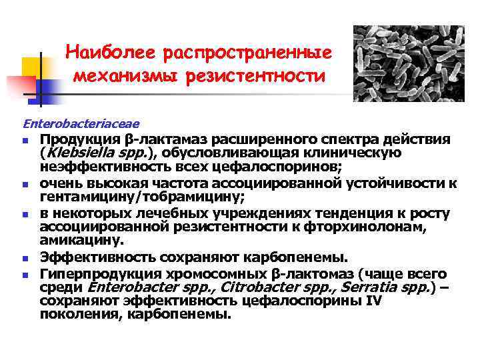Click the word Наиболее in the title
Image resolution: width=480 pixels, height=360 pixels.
tap(106, 51)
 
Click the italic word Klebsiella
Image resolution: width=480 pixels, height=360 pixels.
tap(75, 153)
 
